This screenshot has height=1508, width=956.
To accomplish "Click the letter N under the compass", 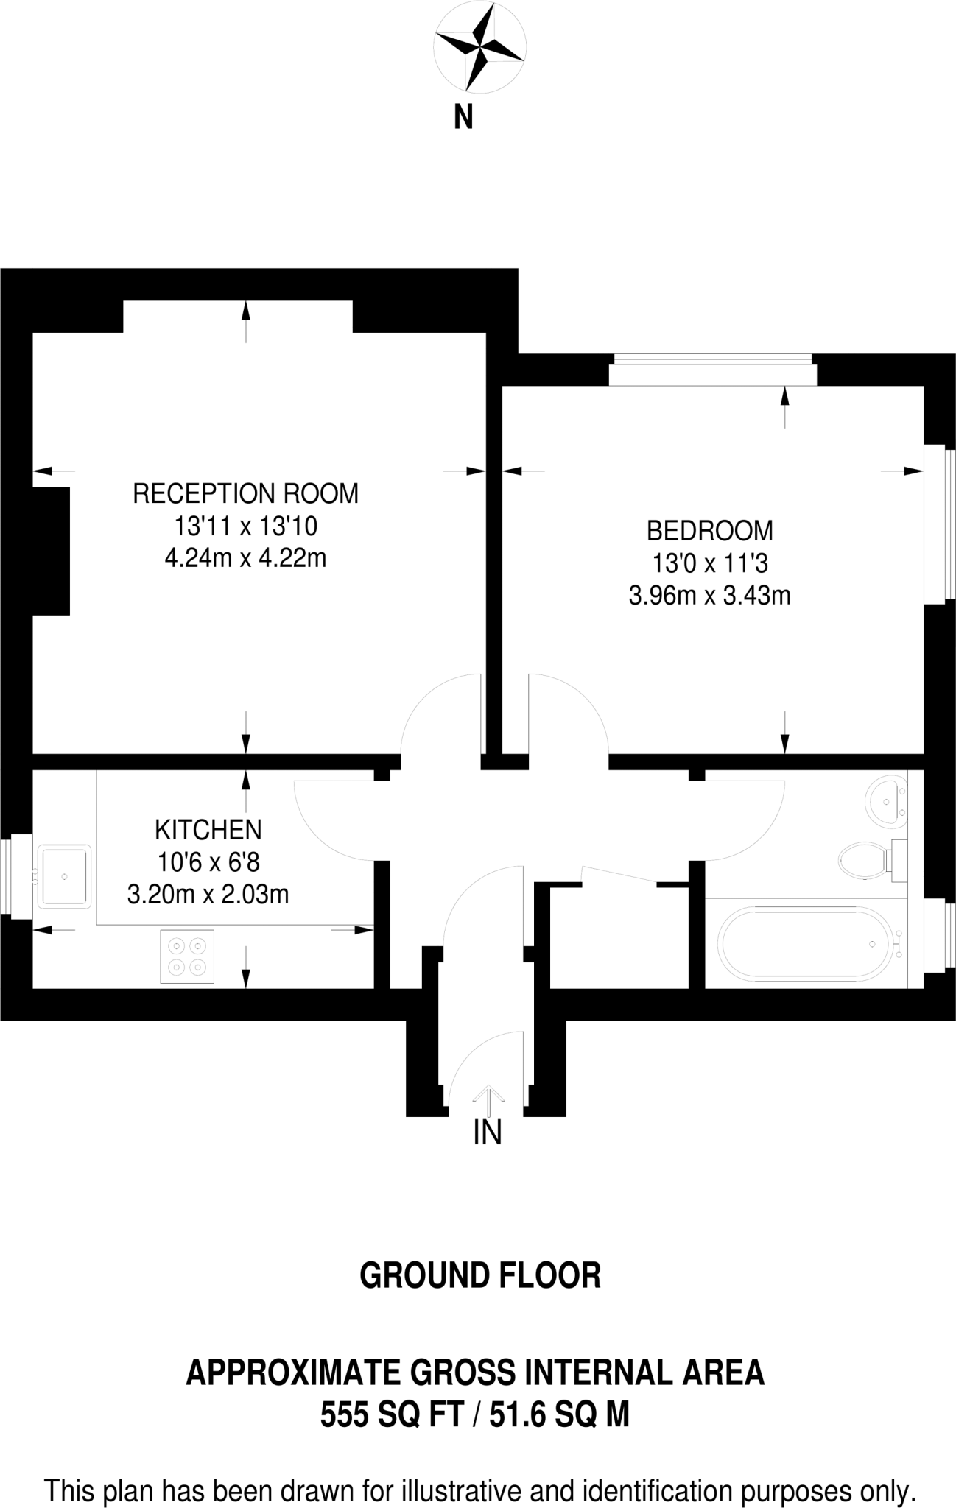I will pyautogui.click(x=463, y=117).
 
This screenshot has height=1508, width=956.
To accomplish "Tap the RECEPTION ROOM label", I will pyautogui.click(x=245, y=493).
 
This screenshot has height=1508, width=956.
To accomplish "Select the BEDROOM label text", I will pyautogui.click(x=709, y=530).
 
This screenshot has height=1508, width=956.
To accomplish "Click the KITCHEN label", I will pyautogui.click(x=208, y=830).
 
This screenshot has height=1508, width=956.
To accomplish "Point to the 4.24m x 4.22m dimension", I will pyautogui.click(x=245, y=558).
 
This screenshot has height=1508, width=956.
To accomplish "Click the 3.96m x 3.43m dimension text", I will pyautogui.click(x=709, y=595).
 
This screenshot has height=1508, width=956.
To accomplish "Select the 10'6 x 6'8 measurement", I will pyautogui.click(x=208, y=862).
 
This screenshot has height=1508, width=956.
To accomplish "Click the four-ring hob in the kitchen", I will pyautogui.click(x=187, y=956).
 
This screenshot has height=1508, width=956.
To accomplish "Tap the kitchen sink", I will pyautogui.click(x=65, y=876).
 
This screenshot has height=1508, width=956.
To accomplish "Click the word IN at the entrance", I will pyautogui.click(x=487, y=1132).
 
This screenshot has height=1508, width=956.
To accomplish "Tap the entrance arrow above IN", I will pyautogui.click(x=488, y=1098).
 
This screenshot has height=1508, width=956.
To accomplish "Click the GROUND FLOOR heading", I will pyautogui.click(x=479, y=1276).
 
